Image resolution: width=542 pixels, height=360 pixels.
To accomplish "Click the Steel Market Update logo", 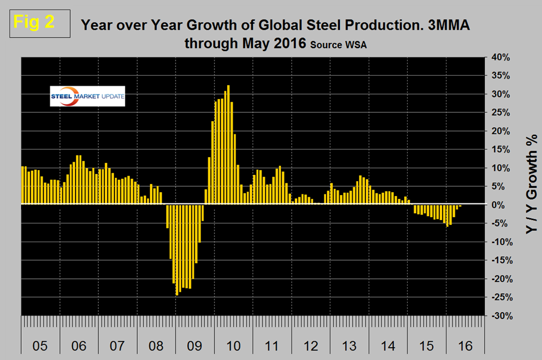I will [x=87, y=96].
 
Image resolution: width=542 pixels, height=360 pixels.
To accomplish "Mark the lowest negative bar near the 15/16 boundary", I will [x=447, y=216].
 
